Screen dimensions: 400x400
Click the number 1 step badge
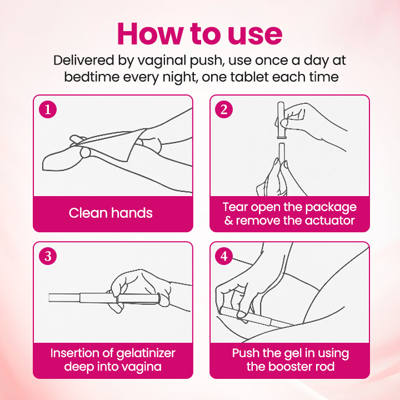[48, 109]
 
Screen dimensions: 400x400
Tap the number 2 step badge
[224, 109]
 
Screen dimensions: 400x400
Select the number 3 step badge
[48, 256]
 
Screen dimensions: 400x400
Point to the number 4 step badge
[224, 256]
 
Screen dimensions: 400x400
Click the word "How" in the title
[150, 34]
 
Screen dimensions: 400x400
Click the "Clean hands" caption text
[111, 213]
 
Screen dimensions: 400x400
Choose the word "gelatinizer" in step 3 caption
[146, 354]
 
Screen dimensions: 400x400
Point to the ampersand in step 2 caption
[228, 221]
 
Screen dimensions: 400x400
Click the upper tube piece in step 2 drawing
[281, 120]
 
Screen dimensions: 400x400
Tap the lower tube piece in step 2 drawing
[282, 152]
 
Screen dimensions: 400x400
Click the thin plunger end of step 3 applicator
[64, 298]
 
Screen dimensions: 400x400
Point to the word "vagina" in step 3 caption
[142, 367]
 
